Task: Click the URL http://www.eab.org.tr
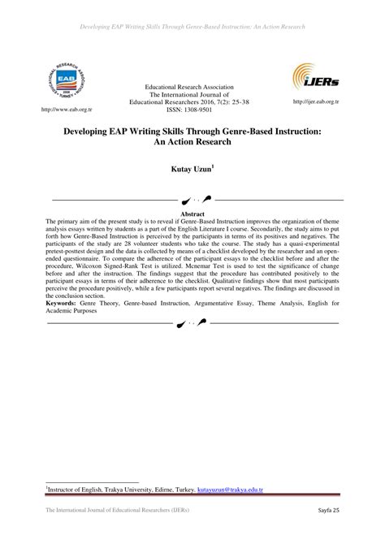pos(54,107)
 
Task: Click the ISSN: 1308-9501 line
pos(192,110)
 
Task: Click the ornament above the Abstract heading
pos(192,198)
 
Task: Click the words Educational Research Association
pos(192,86)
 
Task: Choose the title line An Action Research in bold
pos(192,141)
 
